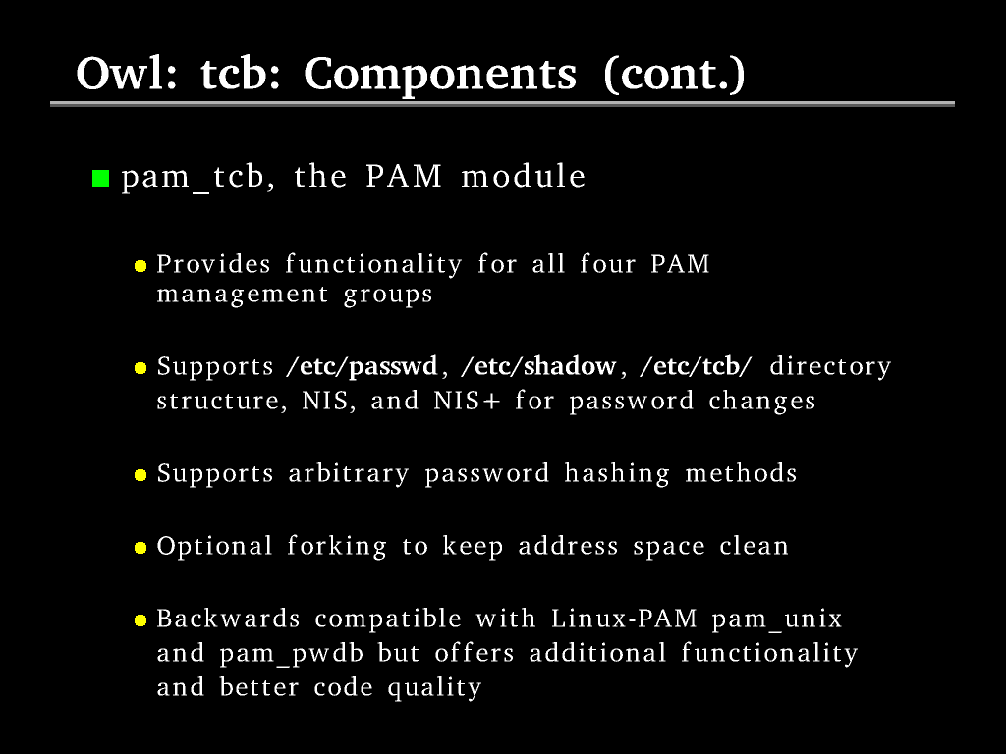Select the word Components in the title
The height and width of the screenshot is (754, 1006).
[x=440, y=76]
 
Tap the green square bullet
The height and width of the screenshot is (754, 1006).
[x=101, y=178]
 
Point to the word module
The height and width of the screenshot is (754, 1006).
[x=524, y=176]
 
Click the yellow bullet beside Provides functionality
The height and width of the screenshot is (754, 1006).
[x=140, y=265]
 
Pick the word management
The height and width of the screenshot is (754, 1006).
[x=243, y=295]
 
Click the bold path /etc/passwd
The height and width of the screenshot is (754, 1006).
[x=362, y=366]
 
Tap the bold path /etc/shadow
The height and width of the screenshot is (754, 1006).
[x=538, y=366]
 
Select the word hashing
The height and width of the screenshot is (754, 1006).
[x=617, y=474]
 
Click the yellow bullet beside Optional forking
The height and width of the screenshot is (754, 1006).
[x=140, y=548]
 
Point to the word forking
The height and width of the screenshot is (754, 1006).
[x=337, y=547]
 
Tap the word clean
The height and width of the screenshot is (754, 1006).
[x=754, y=546]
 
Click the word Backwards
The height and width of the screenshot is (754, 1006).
[x=228, y=619]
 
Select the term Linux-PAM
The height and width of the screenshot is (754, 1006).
[x=624, y=619]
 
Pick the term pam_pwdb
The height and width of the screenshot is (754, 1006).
[x=291, y=654]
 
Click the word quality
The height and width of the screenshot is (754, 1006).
[x=434, y=688]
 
